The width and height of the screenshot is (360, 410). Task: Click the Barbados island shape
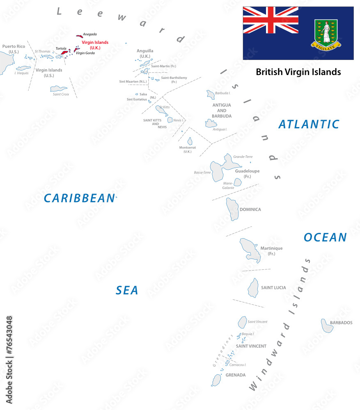(327, 326)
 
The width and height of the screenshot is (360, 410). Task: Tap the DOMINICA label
(250, 210)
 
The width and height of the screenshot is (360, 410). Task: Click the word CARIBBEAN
(79, 198)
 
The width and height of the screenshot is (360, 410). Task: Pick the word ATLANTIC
(309, 124)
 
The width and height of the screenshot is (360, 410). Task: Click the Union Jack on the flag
(271, 20)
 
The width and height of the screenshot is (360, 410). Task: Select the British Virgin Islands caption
(298, 72)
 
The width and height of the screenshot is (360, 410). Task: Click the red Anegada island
(79, 36)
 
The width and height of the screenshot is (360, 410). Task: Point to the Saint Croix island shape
(59, 89)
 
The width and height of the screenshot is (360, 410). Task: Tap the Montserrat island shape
(190, 141)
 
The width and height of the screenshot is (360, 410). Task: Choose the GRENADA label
(236, 375)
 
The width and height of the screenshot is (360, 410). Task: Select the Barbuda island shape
(210, 95)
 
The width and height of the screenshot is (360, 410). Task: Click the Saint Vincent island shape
(242, 322)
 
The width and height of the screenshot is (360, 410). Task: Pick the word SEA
(127, 291)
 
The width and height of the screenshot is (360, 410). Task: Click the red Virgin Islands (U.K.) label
(95, 45)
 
